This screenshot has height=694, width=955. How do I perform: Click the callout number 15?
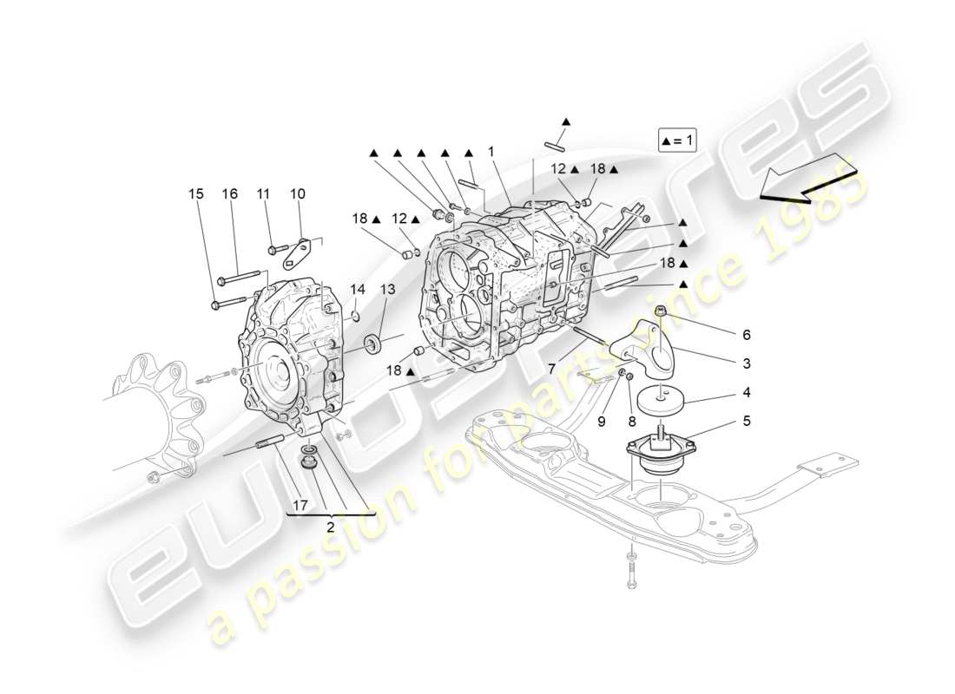pos(197,194)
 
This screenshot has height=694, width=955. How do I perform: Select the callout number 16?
pos(230,194)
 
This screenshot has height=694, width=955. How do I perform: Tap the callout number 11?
pos(264,194)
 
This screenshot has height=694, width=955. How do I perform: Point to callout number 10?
pos(297,194)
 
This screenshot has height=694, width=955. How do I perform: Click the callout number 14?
pos(358,289)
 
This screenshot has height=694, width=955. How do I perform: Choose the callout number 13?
pos(386,289)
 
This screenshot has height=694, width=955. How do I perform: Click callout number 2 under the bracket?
pos(331,526)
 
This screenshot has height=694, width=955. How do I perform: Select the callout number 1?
pos(491,151)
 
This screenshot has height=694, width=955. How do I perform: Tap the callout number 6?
pos(747,334)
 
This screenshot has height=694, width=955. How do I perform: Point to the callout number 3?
pos(747,363)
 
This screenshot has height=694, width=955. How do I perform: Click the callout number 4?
pos(747,393)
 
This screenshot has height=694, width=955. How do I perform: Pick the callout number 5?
pos(747,422)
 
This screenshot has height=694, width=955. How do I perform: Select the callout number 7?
pos(552,369)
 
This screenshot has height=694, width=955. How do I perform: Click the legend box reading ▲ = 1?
pos(677,140)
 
